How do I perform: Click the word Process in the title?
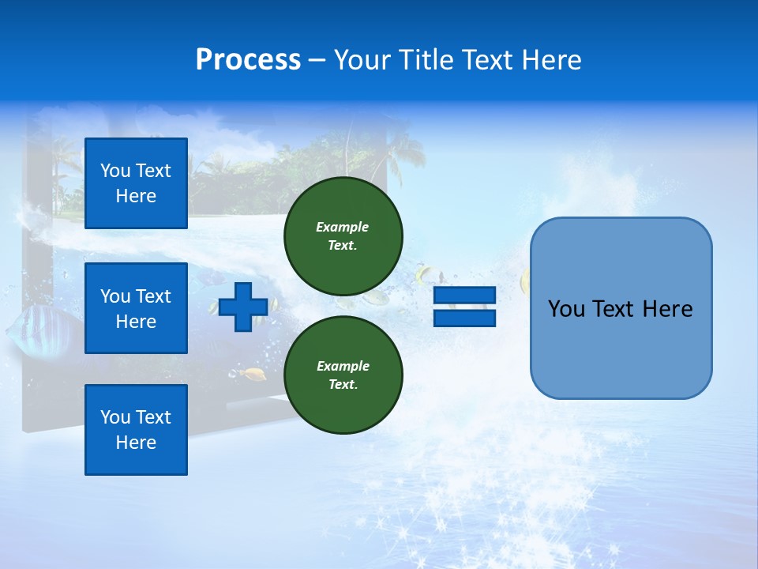coord(248,60)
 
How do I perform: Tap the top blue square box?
coord(136,183)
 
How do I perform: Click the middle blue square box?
coord(136,308)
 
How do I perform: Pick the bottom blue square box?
coord(136,430)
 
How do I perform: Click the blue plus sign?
coord(242,307)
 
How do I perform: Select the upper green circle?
coord(343,236)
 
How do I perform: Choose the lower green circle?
coord(343,375)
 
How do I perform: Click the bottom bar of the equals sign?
coord(464,318)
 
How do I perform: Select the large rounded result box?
coord(621,308)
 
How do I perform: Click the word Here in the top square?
coord(136,196)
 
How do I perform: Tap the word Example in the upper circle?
coord(343,227)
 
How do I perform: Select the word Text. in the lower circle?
coord(343,385)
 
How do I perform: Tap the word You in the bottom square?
coord(114,417)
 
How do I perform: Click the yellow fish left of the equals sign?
coord(425,275)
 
